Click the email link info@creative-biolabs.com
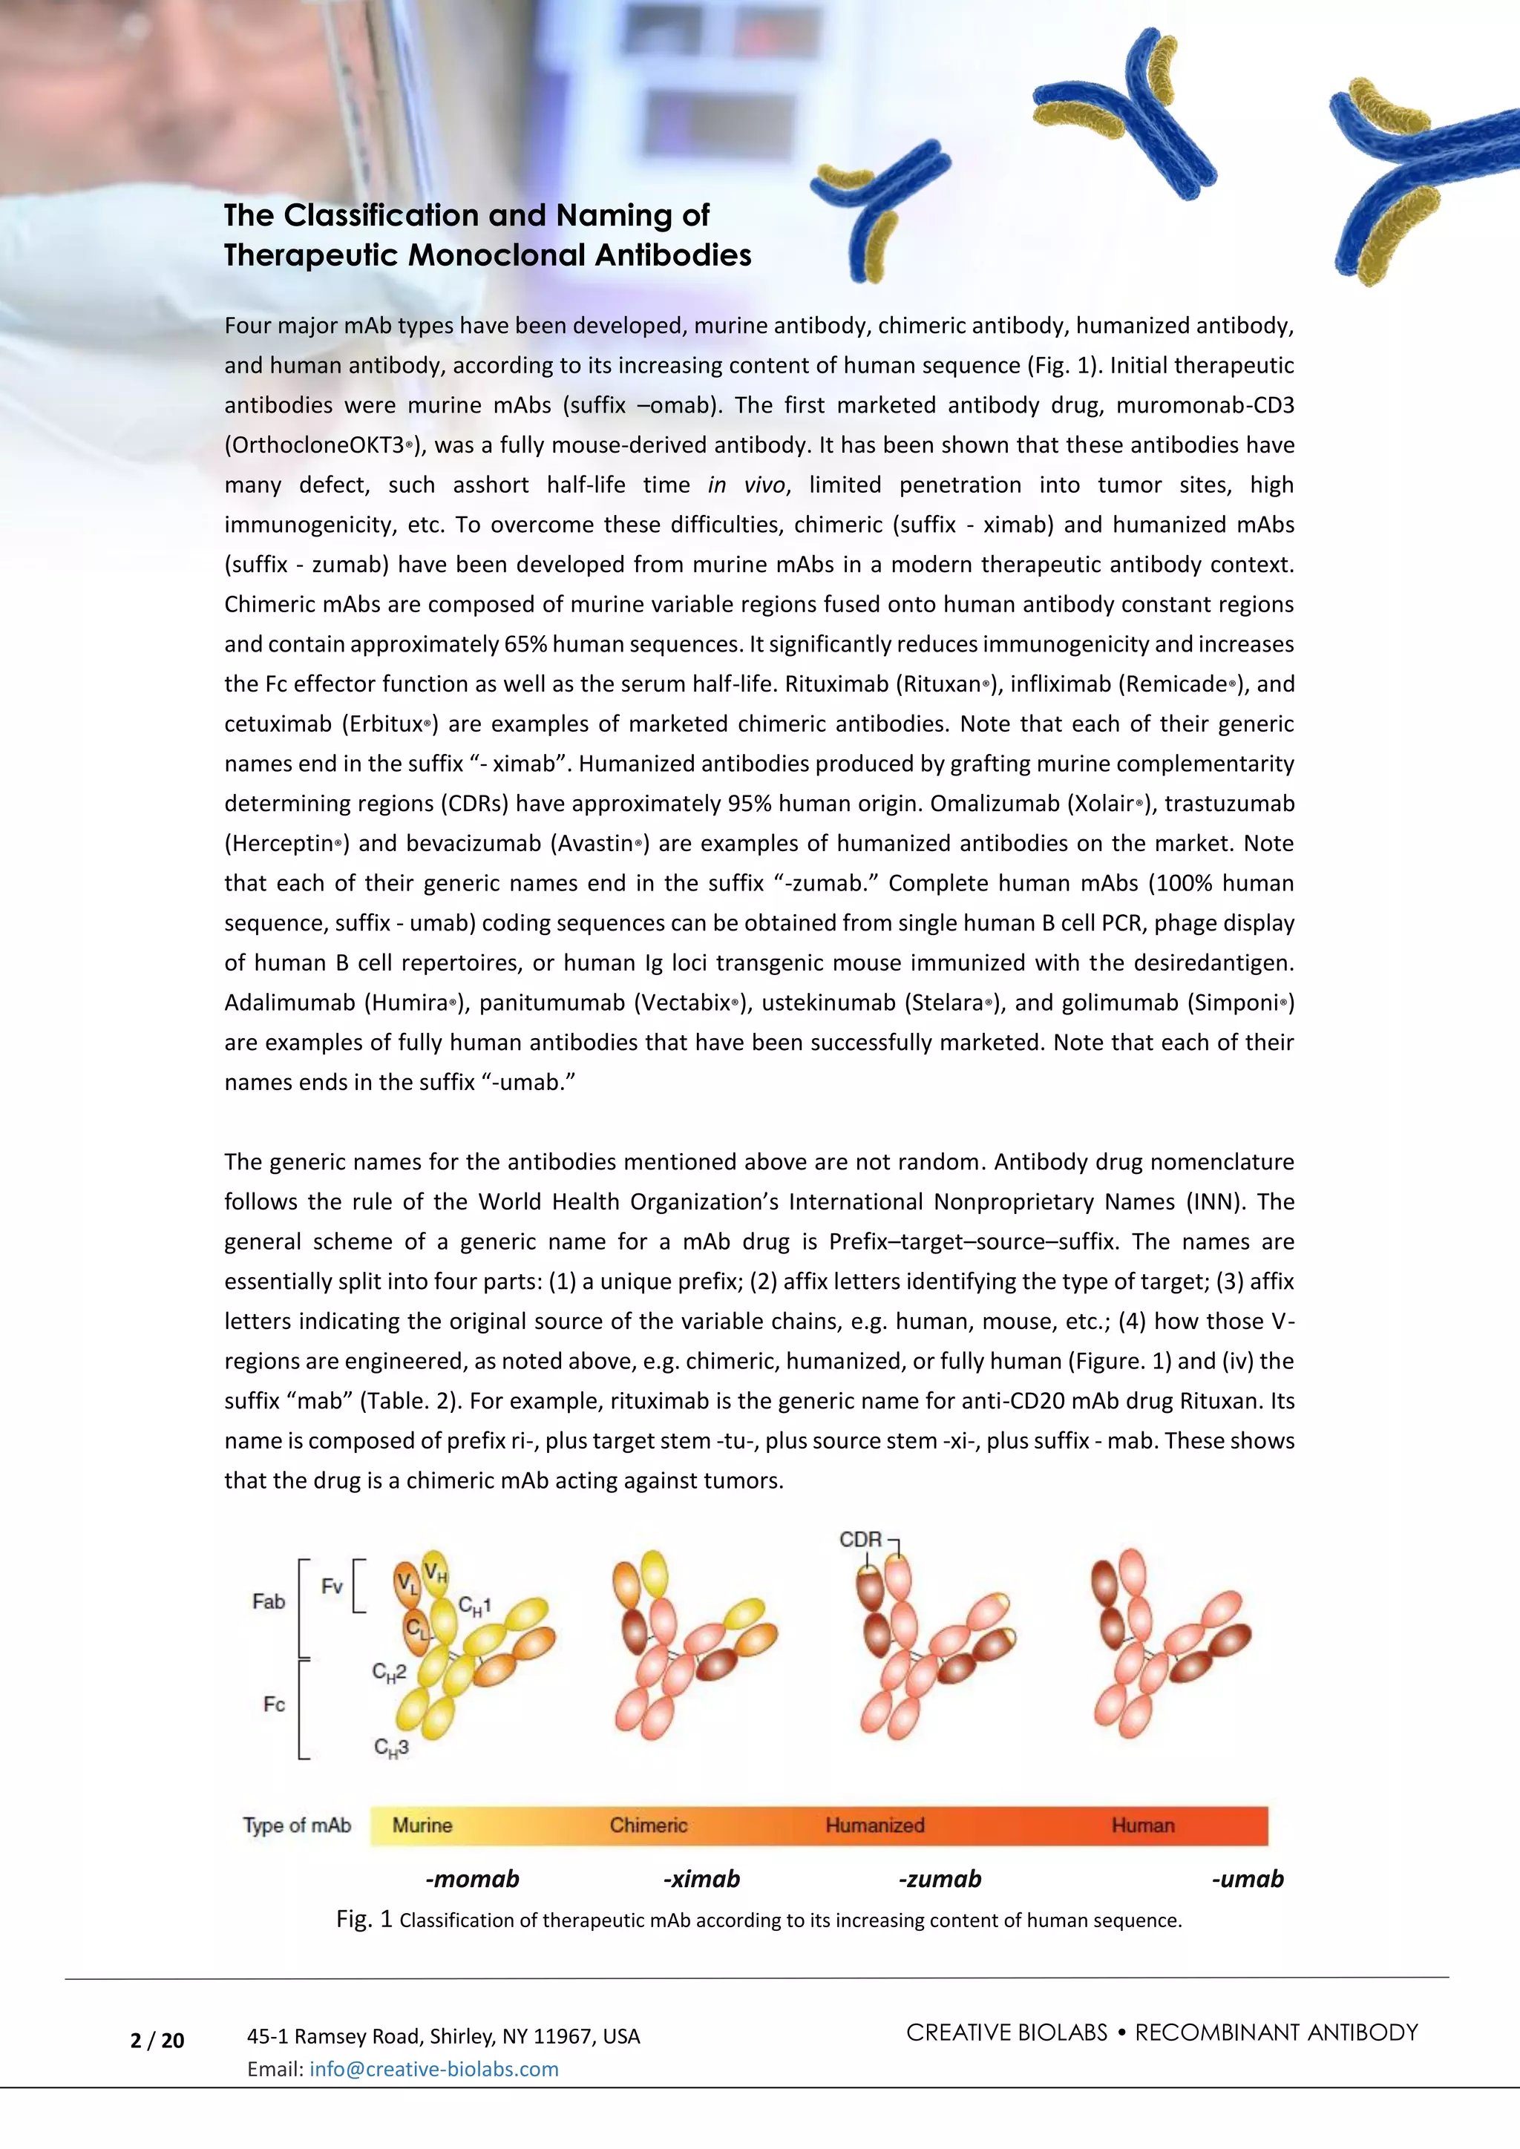pyautogui.click(x=433, y=2069)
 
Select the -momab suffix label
pyautogui.click(x=472, y=1878)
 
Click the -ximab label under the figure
pyautogui.click(x=701, y=1878)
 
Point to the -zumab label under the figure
pyautogui.click(x=940, y=1878)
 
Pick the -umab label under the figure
pyautogui.click(x=1247, y=1878)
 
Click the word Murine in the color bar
pyautogui.click(x=422, y=1825)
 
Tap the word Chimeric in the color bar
pyautogui.click(x=649, y=1825)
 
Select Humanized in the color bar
pyautogui.click(x=874, y=1825)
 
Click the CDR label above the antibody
pyautogui.click(x=860, y=1540)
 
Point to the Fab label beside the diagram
pyautogui.click(x=269, y=1601)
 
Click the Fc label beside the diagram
pyautogui.click(x=273, y=1705)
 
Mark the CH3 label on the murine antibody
pyautogui.click(x=391, y=1748)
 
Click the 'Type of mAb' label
pyautogui.click(x=297, y=1825)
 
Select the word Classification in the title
pyautogui.click(x=381, y=215)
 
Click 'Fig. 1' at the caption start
pyautogui.click(x=364, y=1920)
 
